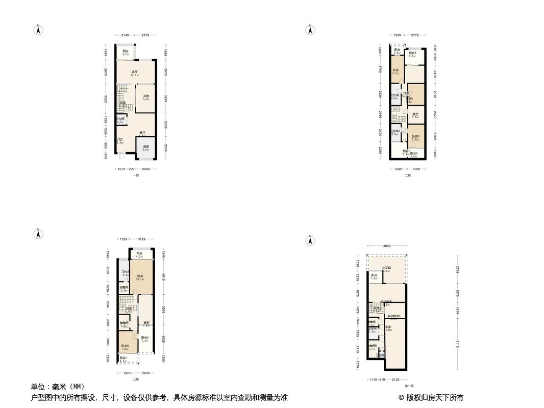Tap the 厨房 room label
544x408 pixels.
coord(145,148)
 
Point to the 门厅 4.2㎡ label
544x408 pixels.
coord(120,141)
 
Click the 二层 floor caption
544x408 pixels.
coord(408,175)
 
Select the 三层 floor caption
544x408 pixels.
coord(135,379)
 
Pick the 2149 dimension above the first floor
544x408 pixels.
coord(125,35)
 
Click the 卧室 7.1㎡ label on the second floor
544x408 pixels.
coord(395,71)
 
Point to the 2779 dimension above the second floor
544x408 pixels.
coord(414,35)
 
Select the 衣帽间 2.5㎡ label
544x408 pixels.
coord(123,289)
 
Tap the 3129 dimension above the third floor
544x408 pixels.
coord(141,239)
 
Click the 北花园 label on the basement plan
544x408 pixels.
coord(387,269)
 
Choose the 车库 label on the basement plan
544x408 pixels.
coord(388,328)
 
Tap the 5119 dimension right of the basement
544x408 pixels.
coord(458,345)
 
